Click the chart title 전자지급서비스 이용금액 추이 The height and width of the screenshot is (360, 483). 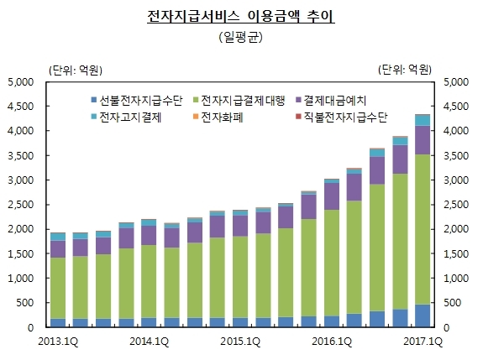click(240, 16)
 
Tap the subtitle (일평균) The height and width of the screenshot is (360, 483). click(240, 37)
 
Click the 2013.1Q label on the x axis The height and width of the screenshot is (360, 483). click(58, 342)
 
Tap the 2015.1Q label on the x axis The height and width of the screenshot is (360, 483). click(240, 342)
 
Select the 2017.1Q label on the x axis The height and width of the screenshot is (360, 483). click(423, 342)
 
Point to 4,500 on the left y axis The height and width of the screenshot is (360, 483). click(21, 107)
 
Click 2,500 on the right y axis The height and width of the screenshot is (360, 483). click(456, 205)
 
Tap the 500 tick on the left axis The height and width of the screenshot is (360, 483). click(25, 303)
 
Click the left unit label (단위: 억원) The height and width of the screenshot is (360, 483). click(76, 70)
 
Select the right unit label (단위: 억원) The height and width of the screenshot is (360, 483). click(405, 70)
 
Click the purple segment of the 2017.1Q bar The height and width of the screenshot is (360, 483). click(423, 140)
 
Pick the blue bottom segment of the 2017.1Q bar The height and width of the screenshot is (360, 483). click(423, 316)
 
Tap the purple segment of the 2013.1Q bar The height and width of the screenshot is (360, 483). click(58, 249)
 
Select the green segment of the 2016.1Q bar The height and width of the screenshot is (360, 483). click(332, 263)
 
